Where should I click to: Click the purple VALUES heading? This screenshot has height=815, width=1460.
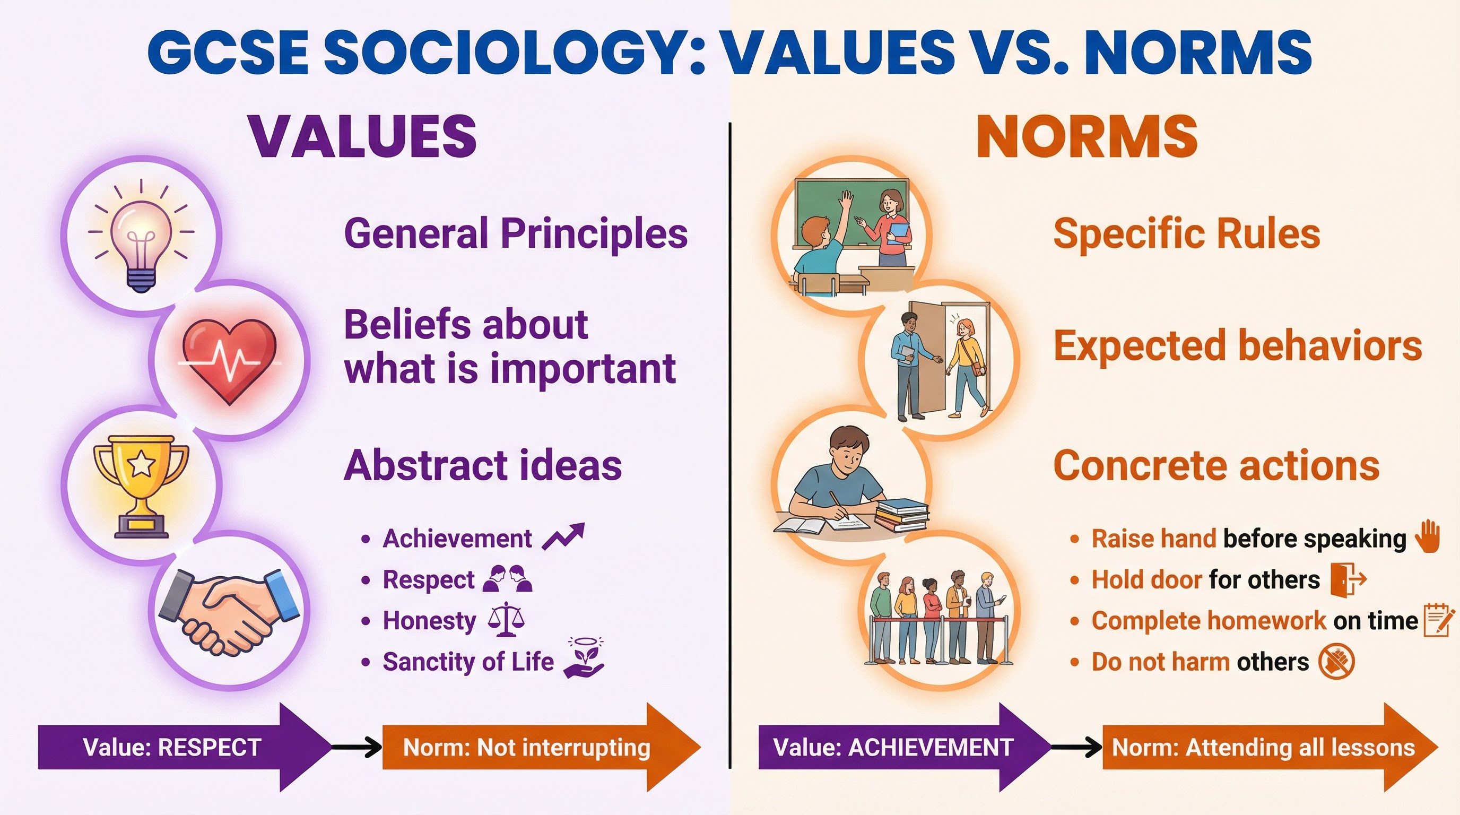[363, 136]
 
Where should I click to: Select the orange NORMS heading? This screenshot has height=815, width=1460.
[1087, 136]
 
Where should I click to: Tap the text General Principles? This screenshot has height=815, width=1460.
[516, 233]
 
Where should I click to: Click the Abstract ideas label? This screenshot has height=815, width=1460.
[483, 465]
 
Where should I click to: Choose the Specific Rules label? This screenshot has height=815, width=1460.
[1187, 233]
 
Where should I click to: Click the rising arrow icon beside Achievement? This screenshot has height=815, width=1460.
[563, 536]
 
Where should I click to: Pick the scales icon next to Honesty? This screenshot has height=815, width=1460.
[506, 619]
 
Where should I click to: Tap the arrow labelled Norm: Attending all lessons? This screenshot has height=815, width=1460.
[1264, 747]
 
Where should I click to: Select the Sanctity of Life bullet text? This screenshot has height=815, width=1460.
[468, 662]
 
